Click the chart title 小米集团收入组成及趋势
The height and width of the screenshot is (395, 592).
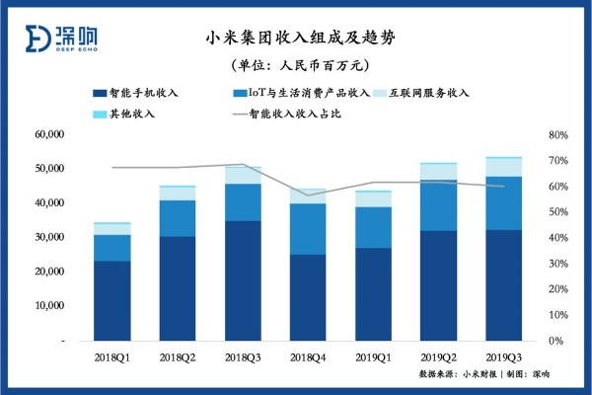[297, 39]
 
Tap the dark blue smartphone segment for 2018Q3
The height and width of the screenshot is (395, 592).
[242, 281]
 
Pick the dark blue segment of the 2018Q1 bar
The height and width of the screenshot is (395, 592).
[111, 301]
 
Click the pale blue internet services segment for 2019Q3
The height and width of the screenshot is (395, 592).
[503, 167]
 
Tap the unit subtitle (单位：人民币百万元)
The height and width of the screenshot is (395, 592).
[297, 66]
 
